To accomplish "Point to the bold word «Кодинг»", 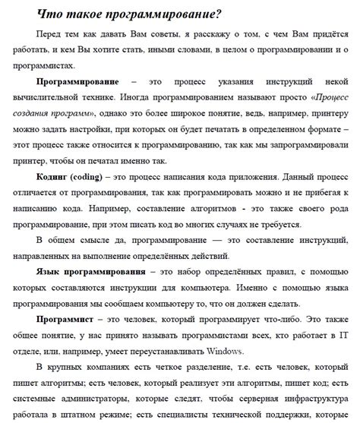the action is [x=53, y=177].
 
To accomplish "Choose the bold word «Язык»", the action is [x=48, y=272].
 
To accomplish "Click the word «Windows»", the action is [x=224, y=352].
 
